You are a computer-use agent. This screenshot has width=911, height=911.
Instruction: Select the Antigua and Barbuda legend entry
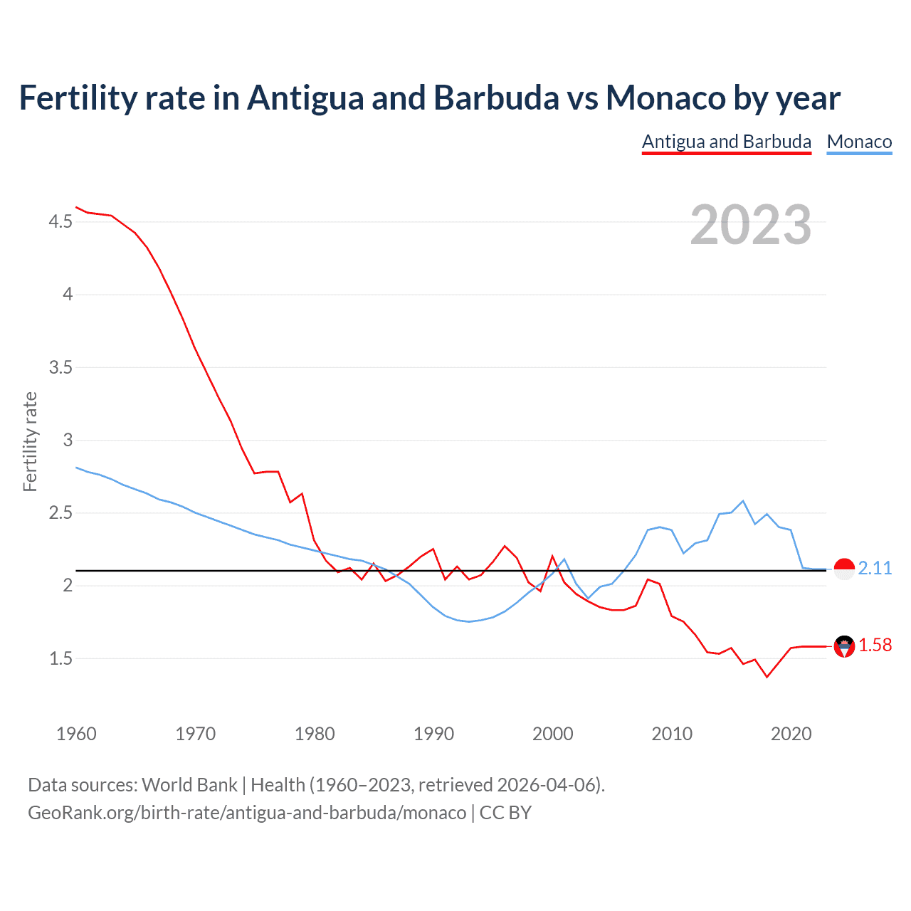726,142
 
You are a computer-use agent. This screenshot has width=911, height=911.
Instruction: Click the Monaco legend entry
859,142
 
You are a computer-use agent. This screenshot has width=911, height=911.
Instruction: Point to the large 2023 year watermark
750,225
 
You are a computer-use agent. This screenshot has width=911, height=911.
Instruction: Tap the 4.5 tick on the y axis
60,222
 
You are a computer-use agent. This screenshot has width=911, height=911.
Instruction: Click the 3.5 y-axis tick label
60,368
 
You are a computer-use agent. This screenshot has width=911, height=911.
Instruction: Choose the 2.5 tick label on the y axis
60,513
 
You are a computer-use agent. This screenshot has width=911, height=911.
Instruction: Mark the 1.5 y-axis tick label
60,659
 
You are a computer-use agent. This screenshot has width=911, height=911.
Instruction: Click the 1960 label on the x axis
76,734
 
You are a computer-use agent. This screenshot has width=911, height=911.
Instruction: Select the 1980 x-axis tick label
315,734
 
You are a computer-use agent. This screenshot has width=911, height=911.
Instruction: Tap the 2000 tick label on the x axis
552,734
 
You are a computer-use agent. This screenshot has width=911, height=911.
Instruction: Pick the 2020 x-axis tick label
791,734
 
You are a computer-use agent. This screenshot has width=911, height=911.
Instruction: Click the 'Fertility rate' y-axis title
30,441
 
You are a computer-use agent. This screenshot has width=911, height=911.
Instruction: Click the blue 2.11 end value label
875,568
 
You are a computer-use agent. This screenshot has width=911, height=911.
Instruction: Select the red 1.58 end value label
875,645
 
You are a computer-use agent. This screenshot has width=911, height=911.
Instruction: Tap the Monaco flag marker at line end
844,569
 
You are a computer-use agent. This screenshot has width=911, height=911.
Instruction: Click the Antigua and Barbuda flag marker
844,646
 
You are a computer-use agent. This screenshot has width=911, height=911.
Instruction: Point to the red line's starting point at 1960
76,207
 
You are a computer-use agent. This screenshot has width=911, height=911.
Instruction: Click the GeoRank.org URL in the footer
247,813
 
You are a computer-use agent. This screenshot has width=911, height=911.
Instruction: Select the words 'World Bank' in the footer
189,785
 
